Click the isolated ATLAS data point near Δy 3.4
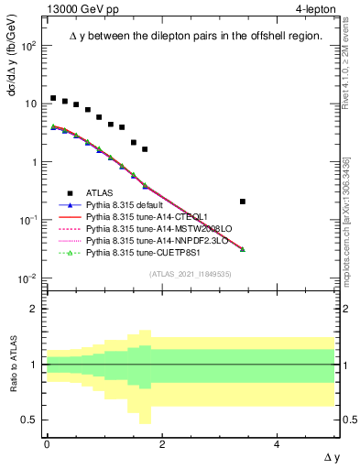point(242,202)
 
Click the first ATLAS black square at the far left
point(53,98)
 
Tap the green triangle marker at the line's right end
point(242,249)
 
